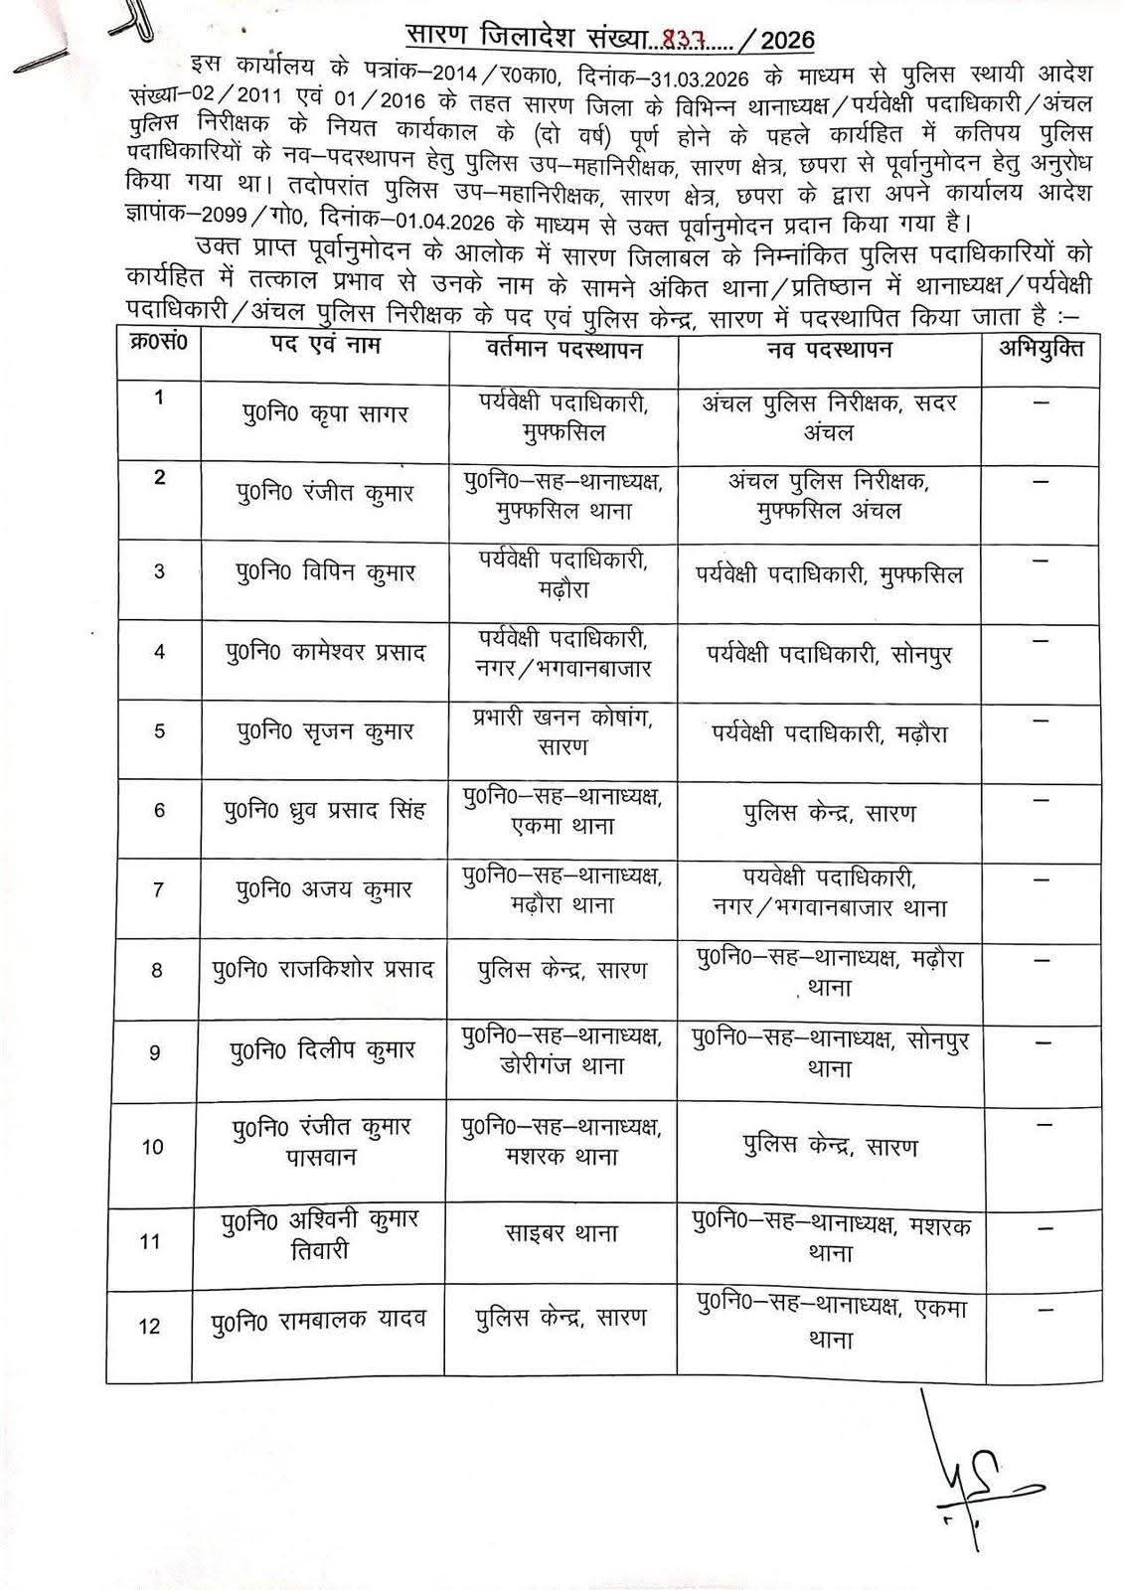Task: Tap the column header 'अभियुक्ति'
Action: click(1041, 348)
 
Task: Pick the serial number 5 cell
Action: click(159, 731)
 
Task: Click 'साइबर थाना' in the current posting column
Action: click(562, 1233)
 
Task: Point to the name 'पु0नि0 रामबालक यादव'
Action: click(319, 1320)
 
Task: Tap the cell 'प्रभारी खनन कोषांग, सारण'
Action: click(562, 730)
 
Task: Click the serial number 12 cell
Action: click(149, 1326)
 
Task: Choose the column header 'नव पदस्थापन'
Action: click(830, 349)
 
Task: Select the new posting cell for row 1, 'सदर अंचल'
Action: click(830, 418)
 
